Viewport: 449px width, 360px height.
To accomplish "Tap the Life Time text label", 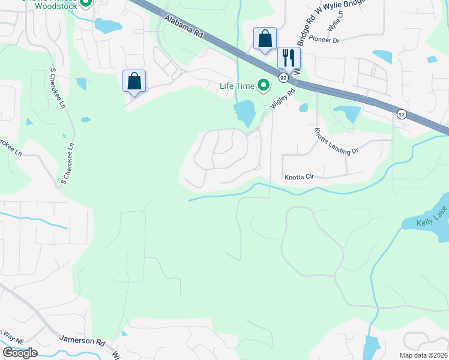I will pyautogui.click(x=237, y=86).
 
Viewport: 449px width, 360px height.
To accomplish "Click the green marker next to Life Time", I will pyautogui.click(x=263, y=86).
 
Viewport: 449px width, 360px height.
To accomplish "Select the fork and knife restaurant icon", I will pyautogui.click(x=289, y=58).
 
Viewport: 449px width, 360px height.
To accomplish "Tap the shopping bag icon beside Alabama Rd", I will pyautogui.click(x=264, y=39).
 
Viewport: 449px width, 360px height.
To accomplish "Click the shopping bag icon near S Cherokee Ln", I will pyautogui.click(x=134, y=81).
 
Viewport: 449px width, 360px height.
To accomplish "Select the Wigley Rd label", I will pyautogui.click(x=283, y=98).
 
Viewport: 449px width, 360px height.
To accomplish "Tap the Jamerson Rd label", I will pyautogui.click(x=82, y=340).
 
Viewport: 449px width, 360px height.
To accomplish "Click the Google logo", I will pyautogui.click(x=20, y=353).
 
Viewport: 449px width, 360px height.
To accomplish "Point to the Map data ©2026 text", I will pyautogui.click(x=423, y=355).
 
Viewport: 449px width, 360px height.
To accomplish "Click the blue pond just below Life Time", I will pyautogui.click(x=244, y=112).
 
